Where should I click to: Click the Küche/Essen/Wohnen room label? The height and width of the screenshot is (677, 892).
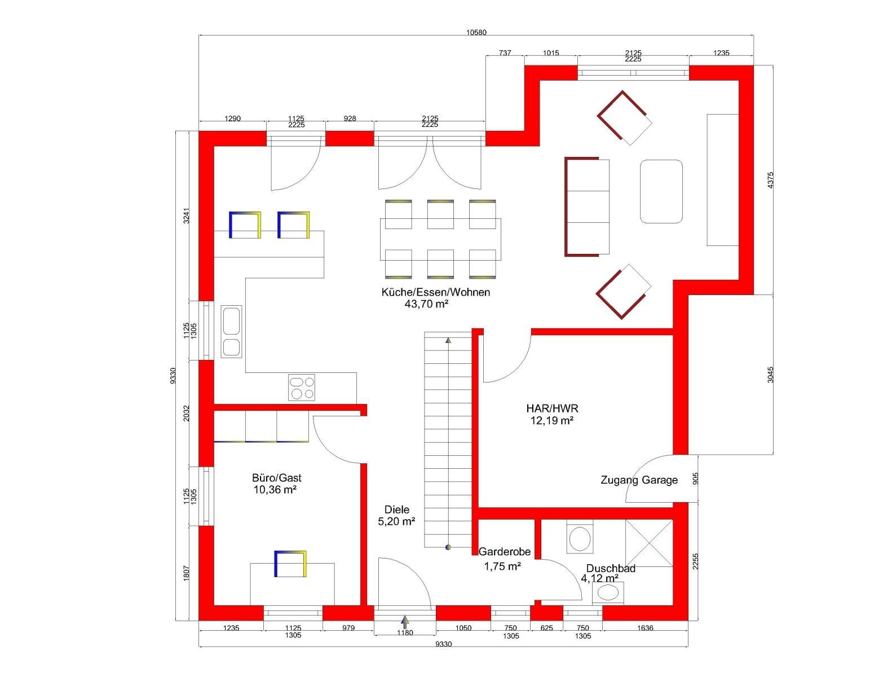pyautogui.click(x=435, y=292)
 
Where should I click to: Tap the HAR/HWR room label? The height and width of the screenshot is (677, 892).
pyautogui.click(x=552, y=408)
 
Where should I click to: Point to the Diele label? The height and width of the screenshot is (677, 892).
pyautogui.click(x=396, y=509)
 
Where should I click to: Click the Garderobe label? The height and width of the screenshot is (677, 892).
pyautogui.click(x=504, y=552)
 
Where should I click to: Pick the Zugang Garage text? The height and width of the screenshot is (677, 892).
pyautogui.click(x=639, y=480)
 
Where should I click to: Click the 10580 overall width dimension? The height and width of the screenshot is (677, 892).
pyautogui.click(x=476, y=33)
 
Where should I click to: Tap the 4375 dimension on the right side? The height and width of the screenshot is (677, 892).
pyautogui.click(x=770, y=180)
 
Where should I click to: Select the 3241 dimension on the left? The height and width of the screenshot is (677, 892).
pyautogui.click(x=186, y=216)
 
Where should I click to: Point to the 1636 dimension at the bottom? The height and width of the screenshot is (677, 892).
pyautogui.click(x=645, y=628)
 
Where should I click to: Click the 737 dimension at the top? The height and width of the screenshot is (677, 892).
pyautogui.click(x=505, y=53)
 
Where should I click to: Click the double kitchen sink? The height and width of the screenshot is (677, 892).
pyautogui.click(x=231, y=331)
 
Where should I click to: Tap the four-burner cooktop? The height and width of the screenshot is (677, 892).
pyautogui.click(x=302, y=388)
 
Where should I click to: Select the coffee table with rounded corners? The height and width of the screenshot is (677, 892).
pyautogui.click(x=661, y=191)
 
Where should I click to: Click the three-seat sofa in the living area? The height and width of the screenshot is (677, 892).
pyautogui.click(x=587, y=206)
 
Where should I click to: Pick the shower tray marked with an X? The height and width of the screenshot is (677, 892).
pyautogui.click(x=649, y=543)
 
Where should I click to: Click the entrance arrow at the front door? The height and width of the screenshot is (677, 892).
pyautogui.click(x=405, y=622)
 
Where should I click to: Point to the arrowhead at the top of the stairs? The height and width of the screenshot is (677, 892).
pyautogui.click(x=448, y=340)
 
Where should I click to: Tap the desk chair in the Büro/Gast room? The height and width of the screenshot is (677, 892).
pyautogui.click(x=290, y=564)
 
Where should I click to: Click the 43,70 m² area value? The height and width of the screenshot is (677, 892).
pyautogui.click(x=426, y=304)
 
